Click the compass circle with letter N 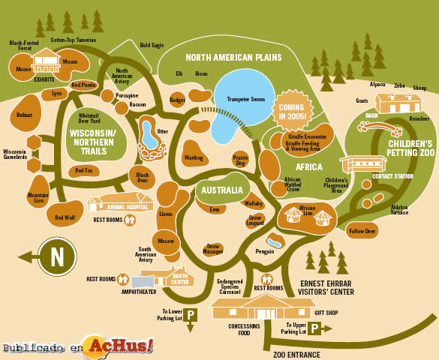pyautogui.click(x=57, y=256)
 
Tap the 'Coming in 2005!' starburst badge pyautogui.click(x=292, y=111)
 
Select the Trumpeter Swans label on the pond pyautogui.click(x=246, y=99)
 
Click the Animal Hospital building pyautogui.click(x=120, y=202)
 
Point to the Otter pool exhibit pyautogui.click(x=151, y=138)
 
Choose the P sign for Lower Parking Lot pyautogui.click(x=191, y=315)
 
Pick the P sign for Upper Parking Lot pyautogui.click(x=314, y=328)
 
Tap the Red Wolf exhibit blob pyautogui.click(x=65, y=214)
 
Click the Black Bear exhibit pyautogui.click(x=143, y=177)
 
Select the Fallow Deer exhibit pyautogui.click(x=362, y=231)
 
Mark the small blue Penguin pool pyautogui.click(x=274, y=242)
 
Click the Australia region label pyautogui.click(x=222, y=190)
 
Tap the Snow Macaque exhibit pyautogui.click(x=213, y=249)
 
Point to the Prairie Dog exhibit pyautogui.click(x=240, y=160)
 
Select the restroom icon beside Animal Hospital pyautogui.click(x=130, y=220)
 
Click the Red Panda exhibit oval pyautogui.click(x=83, y=85)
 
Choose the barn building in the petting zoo pyautogui.click(x=398, y=103)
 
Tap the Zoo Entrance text pyautogui.click(x=296, y=355)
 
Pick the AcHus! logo pyautogui.click(x=120, y=346)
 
